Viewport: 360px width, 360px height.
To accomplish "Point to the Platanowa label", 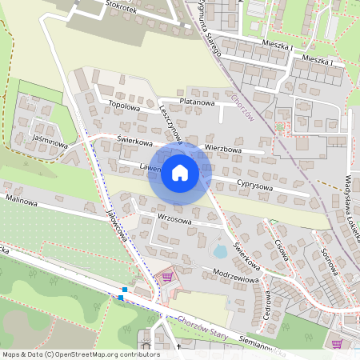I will click(197, 102).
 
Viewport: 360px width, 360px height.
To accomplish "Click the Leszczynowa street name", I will click(171, 125).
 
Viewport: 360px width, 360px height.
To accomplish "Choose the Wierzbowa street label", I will click(223, 148).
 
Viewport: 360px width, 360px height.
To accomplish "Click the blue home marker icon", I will click(180, 172).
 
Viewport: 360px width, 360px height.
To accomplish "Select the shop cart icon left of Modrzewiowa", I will click(167, 277).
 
